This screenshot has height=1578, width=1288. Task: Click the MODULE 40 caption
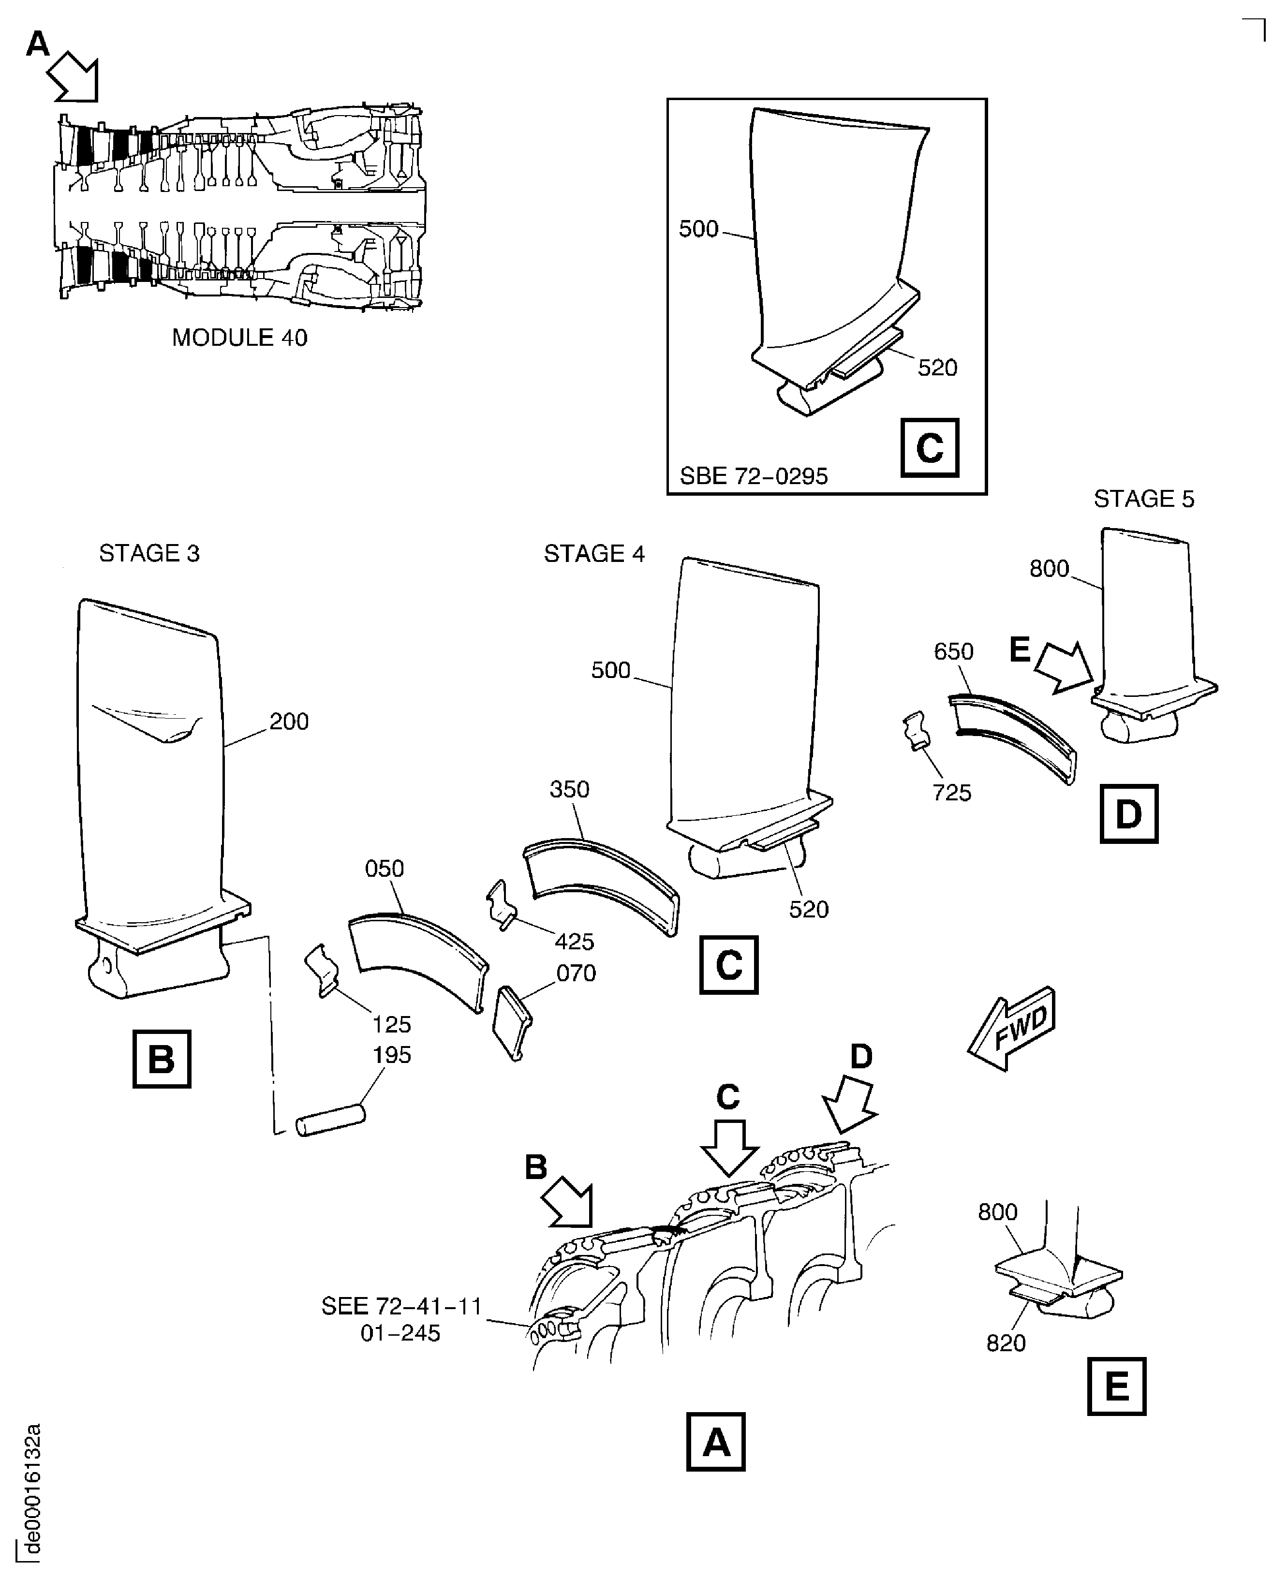point(239,339)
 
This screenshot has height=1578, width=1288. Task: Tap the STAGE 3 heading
point(149,553)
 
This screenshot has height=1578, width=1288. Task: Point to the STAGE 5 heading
point(1143,499)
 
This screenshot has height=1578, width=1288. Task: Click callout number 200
point(289,721)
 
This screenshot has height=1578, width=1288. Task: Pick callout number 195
point(391,1055)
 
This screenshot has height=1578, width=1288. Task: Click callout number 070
point(576,973)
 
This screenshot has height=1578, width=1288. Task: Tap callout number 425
point(574,942)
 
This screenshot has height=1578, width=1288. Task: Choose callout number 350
point(569,789)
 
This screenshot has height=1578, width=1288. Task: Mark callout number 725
point(952,793)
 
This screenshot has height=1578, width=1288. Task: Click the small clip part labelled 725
point(916,729)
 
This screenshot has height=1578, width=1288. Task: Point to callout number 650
point(953,651)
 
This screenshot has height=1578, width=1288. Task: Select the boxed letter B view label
point(162,1059)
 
